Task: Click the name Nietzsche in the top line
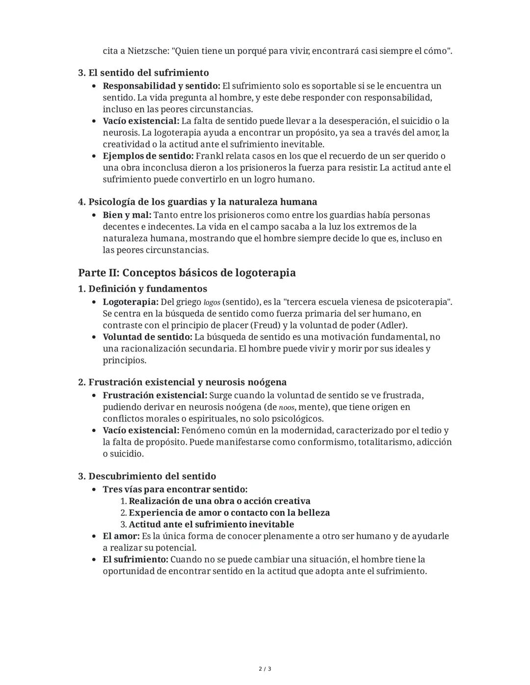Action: click(147, 51)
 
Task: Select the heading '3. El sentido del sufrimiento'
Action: click(143, 73)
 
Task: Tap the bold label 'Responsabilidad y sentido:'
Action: click(161, 86)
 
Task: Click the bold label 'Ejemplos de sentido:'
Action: click(148, 156)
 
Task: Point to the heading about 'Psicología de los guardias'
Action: click(197, 202)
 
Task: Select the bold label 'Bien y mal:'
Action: click(127, 215)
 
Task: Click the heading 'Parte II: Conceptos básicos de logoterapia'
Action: click(186, 273)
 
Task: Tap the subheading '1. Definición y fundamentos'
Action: click(142, 288)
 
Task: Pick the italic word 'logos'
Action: click(212, 302)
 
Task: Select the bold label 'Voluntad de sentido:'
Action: click(147, 337)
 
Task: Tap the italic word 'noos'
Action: click(287, 407)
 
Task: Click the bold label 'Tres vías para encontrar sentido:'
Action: click(175, 489)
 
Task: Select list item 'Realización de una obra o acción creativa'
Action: click(219, 501)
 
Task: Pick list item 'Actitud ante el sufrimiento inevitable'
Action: click(212, 524)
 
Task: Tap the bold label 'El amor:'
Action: click(121, 536)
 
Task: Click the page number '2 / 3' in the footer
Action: click(265, 669)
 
